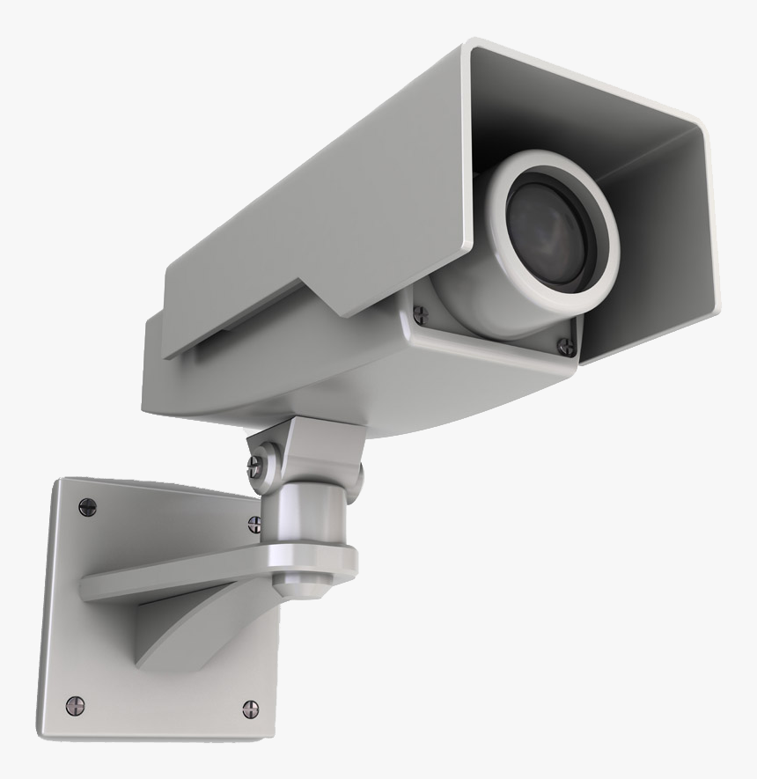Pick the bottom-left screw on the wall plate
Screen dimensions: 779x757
77,703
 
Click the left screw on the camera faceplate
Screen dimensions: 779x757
419,311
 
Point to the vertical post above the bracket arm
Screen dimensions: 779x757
304,519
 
